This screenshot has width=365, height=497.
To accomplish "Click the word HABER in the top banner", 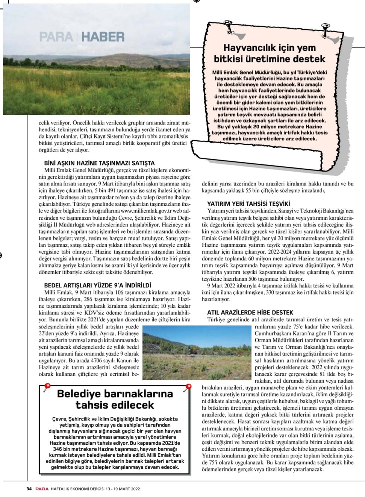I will click(103, 37).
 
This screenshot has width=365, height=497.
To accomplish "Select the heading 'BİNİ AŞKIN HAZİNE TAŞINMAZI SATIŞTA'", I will click(99, 163).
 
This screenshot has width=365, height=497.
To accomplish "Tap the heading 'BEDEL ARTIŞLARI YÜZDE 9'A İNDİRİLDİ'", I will click(98, 286).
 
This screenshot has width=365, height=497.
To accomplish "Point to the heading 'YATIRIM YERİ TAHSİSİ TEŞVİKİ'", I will click(248, 204).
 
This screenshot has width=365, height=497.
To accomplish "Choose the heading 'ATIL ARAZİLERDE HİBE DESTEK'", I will click(250, 312).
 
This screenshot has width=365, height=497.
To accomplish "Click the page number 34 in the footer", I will click(29, 489).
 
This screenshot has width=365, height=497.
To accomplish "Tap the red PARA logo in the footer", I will click(42, 489).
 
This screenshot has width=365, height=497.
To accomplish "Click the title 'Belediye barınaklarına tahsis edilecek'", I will click(115, 399).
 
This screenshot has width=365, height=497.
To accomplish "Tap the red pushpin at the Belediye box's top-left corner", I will click(47, 387).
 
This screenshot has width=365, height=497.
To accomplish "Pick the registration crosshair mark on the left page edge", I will click(1, 256).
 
